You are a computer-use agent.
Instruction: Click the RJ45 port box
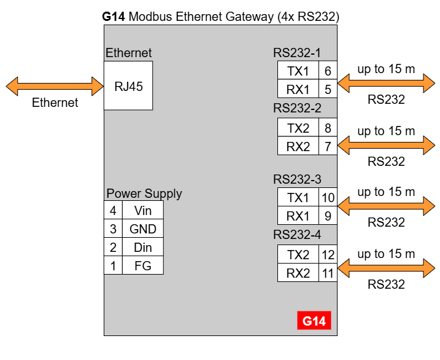pos(128,85)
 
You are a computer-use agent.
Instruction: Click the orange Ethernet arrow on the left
pos(55,85)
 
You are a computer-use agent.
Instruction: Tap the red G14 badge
pos(314,321)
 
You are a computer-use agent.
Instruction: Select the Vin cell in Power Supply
pos(142,211)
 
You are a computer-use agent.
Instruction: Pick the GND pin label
pos(142,229)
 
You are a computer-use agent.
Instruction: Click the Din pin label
pos(142,248)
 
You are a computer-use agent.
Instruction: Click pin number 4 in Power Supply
pos(113,211)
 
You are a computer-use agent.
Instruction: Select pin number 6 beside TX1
pos(328,71)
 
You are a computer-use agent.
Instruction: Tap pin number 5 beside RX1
pos(328,90)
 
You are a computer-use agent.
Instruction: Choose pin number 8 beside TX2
pos(328,128)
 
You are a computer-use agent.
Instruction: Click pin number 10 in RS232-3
pos(328,198)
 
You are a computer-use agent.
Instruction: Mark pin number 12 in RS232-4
pos(328,254)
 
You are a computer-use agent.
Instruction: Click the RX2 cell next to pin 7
pos(298,147)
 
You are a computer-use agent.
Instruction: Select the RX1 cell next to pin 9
pos(298,216)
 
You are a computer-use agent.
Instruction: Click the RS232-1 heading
pos(297,53)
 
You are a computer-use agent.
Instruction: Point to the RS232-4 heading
pos(297,235)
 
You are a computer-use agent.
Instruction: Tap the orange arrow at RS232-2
pos(386,146)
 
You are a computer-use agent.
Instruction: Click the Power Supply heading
pos(144,194)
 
